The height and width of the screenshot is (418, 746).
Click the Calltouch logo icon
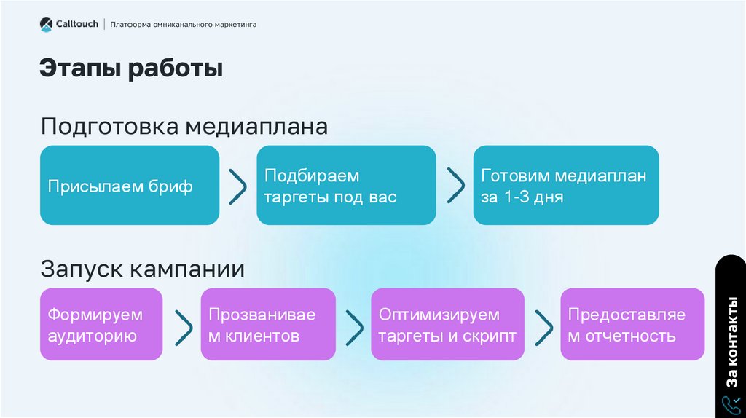(x=47, y=25)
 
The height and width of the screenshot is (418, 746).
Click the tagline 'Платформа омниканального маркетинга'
(x=183, y=25)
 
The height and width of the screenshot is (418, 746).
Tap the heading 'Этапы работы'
(x=131, y=69)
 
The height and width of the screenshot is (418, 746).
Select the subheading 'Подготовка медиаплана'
(x=184, y=127)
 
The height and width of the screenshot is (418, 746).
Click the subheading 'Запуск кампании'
(x=142, y=269)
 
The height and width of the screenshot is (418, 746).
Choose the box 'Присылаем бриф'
(x=130, y=185)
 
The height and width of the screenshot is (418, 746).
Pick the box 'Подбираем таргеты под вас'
(x=346, y=185)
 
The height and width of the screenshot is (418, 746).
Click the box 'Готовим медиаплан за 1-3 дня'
(x=566, y=185)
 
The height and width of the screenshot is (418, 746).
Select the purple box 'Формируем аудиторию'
(x=101, y=324)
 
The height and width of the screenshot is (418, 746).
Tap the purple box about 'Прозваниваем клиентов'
(x=268, y=324)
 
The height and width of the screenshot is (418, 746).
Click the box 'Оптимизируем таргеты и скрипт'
(x=447, y=324)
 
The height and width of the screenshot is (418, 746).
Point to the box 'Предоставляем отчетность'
(x=632, y=324)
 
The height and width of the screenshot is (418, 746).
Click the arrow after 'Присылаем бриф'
(x=237, y=186)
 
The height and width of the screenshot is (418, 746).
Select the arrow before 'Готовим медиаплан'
(x=455, y=186)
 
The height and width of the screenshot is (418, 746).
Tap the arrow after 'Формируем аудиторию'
(x=184, y=327)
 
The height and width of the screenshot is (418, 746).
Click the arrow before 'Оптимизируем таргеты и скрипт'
(x=354, y=327)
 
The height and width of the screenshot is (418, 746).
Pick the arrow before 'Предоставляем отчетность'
(x=543, y=327)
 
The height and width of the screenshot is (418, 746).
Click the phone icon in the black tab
(x=731, y=405)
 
